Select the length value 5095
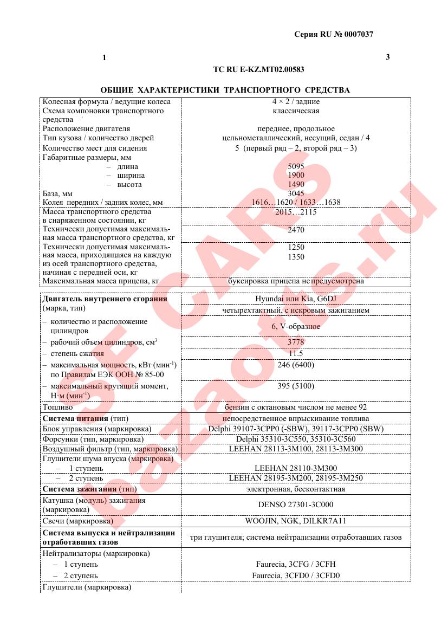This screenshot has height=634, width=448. [x=296, y=167]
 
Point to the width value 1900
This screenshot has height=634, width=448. [x=296, y=176]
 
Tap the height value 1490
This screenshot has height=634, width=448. [x=296, y=185]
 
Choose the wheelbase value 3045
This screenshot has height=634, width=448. [x=296, y=193]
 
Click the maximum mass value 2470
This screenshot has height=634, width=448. [x=296, y=230]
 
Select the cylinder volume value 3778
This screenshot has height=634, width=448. [x=296, y=342]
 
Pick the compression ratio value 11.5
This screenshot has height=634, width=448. [x=296, y=353]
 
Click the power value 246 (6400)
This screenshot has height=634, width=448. [x=296, y=365]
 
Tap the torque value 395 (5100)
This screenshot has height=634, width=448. [x=296, y=386]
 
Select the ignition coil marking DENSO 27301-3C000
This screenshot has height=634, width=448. [x=296, y=504]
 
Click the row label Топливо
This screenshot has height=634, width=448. [x=57, y=407]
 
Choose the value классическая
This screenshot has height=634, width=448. [x=296, y=111]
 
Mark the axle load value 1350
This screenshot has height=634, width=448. [x=296, y=257]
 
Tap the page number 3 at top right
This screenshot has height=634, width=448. [x=387, y=57]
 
